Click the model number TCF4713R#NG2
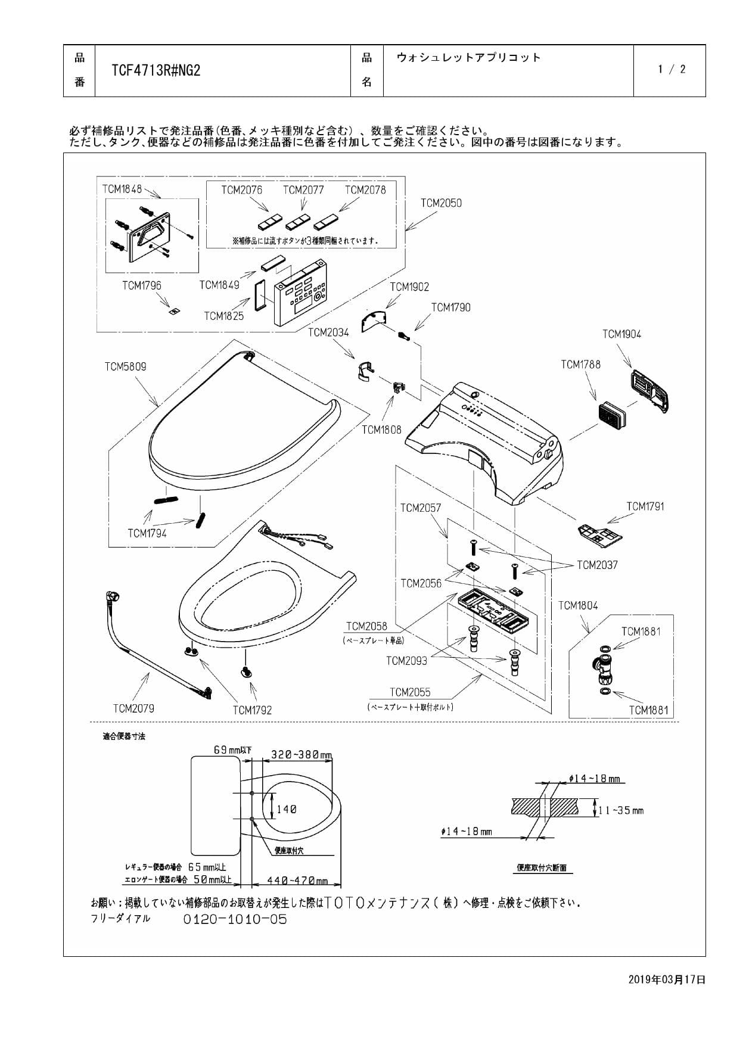156,70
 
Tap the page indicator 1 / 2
672,69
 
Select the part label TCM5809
125,366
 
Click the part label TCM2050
441,203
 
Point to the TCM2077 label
303,189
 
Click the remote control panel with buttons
300,292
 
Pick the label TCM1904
621,334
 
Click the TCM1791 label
645,506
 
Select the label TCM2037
597,565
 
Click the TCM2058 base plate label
366,626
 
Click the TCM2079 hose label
133,708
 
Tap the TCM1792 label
252,710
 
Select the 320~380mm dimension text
301,755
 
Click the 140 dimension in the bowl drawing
286,809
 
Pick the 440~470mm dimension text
297,881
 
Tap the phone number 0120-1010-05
235,919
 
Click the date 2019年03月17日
667,979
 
